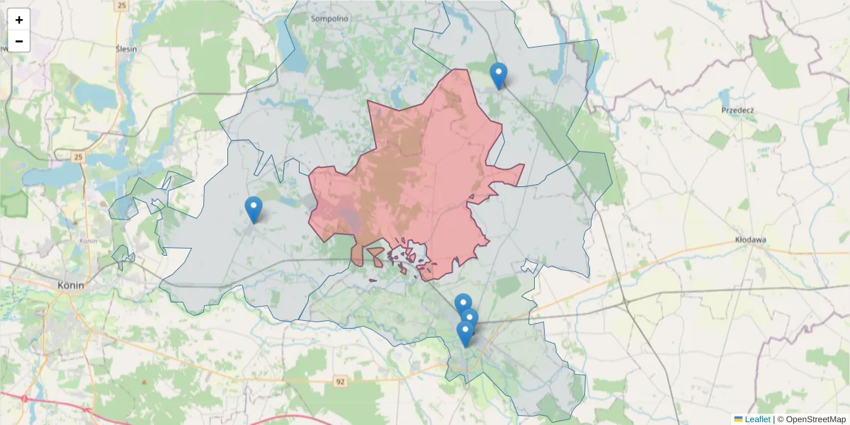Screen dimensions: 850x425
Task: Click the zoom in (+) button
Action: [x=19, y=20]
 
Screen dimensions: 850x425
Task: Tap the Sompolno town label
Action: [x=327, y=18]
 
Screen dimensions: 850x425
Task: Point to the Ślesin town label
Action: [x=126, y=49]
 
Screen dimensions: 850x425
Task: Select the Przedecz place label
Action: [x=737, y=110]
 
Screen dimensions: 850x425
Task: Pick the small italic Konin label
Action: [x=89, y=241]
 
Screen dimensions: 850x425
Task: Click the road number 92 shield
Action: [x=341, y=382]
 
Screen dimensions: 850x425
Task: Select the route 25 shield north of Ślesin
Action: [x=122, y=6]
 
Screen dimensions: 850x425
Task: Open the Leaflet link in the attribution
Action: [x=757, y=419]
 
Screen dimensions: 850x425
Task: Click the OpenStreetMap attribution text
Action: [x=812, y=419]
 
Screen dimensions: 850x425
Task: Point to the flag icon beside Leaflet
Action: [x=738, y=419]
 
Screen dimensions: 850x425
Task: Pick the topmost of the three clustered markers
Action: [x=463, y=305]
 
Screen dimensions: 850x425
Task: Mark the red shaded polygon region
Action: [x=418, y=177]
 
